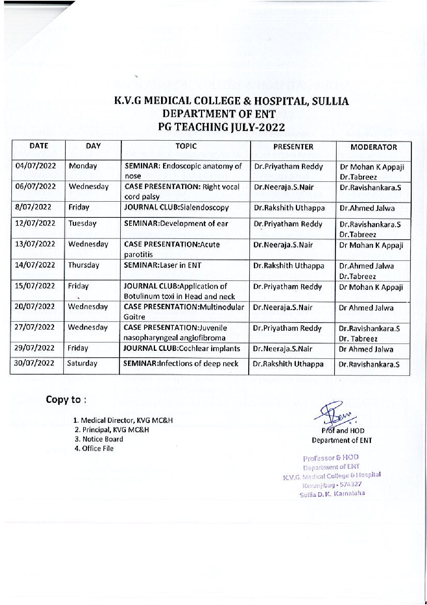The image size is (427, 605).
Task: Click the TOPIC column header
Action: [186, 146]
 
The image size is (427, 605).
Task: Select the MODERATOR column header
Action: [373, 148]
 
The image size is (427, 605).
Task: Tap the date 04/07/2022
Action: [36, 166]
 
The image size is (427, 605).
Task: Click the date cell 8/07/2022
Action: [33, 207]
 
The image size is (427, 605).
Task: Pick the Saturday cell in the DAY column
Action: [82, 363]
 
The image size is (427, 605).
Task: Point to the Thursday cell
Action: [84, 265]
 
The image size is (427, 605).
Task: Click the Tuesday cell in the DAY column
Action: [83, 223]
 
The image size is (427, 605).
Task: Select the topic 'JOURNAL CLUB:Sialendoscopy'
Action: [177, 208]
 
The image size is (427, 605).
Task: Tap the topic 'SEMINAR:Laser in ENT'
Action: [163, 266]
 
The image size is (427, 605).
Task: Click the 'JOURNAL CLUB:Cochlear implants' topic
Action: [182, 348]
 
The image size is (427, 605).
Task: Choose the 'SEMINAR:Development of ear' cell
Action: [176, 223]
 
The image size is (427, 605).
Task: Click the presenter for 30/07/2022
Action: [288, 364]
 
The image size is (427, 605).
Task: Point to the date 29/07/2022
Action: [35, 348]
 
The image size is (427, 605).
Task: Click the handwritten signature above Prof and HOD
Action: [331, 413]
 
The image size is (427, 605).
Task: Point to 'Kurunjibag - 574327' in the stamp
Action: [335, 484]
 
